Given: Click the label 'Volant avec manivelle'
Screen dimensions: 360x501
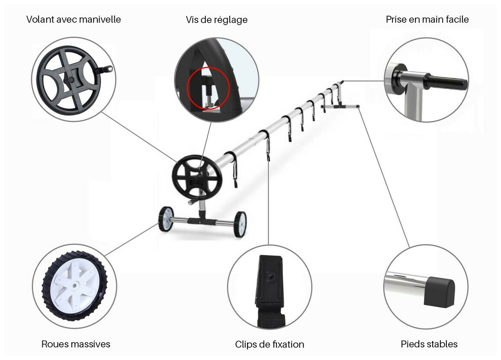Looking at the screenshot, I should [x=74, y=19].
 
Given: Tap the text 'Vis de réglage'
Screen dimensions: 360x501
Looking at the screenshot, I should [x=216, y=20].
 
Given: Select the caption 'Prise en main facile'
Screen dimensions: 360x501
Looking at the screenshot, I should [x=427, y=19].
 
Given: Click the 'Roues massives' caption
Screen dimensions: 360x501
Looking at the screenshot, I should [x=76, y=344].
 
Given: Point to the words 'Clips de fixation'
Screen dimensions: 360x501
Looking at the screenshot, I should [x=270, y=344].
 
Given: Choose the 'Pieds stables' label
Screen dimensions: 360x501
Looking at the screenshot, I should [x=429, y=344].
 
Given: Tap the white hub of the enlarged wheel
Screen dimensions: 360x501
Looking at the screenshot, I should [x=74, y=285].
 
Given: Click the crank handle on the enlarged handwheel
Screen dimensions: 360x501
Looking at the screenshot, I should [x=107, y=69].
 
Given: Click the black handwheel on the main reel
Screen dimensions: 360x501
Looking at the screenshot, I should [x=197, y=177].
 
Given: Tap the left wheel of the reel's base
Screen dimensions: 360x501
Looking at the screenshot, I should [x=166, y=219].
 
